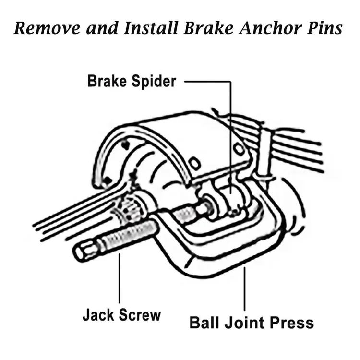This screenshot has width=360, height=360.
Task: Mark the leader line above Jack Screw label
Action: pos(119,278)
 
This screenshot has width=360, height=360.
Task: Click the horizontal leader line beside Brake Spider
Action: pos(206,81)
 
